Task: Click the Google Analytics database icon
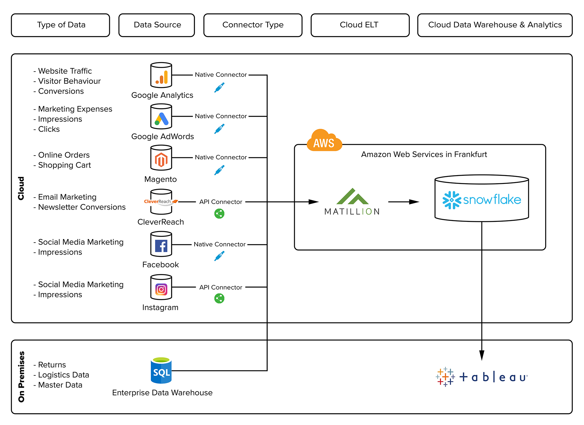pos(161,75)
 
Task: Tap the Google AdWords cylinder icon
pos(161,116)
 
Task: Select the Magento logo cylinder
pos(161,158)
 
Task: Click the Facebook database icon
pos(161,244)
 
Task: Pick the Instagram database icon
pos(161,287)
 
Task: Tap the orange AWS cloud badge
pos(324,141)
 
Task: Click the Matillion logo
pos(352,202)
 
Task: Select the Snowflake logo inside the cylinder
pos(481,200)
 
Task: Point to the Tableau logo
pos(481,377)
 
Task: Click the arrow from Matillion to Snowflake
pos(403,202)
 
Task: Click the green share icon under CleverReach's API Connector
pos(219,214)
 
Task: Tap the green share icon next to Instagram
pos(219,298)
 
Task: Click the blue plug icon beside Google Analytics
pos(219,88)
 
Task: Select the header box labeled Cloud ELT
pos(360,25)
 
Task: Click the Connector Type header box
pos(253,25)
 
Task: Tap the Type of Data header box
pos(60,25)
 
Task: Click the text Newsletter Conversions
pos(82,207)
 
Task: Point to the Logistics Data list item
pos(63,375)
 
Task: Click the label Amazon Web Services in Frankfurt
pos(424,154)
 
